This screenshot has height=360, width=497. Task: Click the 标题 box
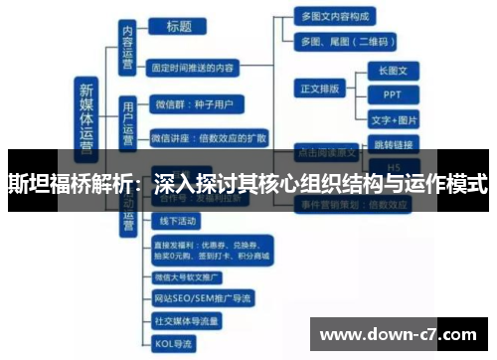tap(180, 27)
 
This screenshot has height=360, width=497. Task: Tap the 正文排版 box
tap(319, 89)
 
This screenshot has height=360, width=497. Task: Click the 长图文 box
tap(393, 71)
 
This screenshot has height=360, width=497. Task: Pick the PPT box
tap(392, 94)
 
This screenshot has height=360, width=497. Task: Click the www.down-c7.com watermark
tap(403, 333)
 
